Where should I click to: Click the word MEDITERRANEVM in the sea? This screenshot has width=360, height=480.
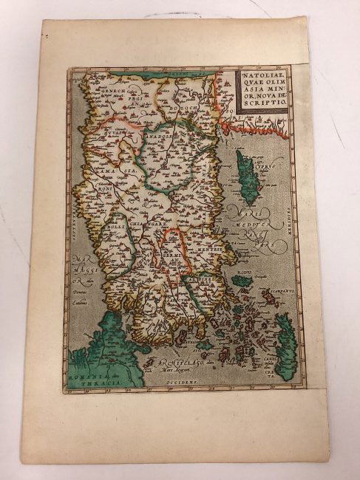pyautogui.click(x=248, y=229)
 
